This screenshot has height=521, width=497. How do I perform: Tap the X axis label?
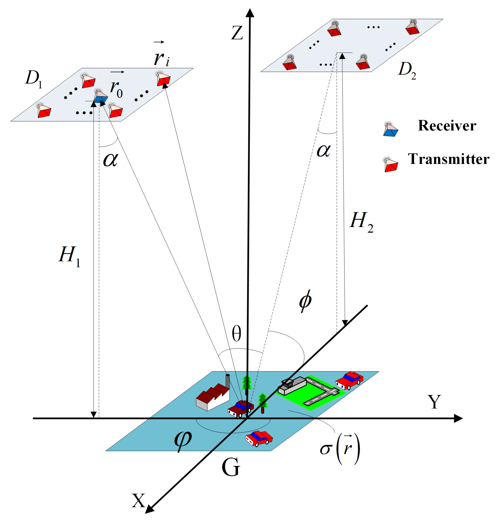(138, 500)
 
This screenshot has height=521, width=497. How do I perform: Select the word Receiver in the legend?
(447, 126)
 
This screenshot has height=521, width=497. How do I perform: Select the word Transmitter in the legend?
(448, 159)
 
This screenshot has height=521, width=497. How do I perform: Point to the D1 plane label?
(33, 79)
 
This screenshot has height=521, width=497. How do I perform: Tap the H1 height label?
(69, 256)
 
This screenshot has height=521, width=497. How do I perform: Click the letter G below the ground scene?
(231, 468)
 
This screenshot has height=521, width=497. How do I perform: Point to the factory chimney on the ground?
(228, 381)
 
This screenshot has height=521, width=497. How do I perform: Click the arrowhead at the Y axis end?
(458, 418)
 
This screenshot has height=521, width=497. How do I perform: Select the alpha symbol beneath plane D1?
(110, 160)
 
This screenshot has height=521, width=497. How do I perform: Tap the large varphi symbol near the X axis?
(183, 441)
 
